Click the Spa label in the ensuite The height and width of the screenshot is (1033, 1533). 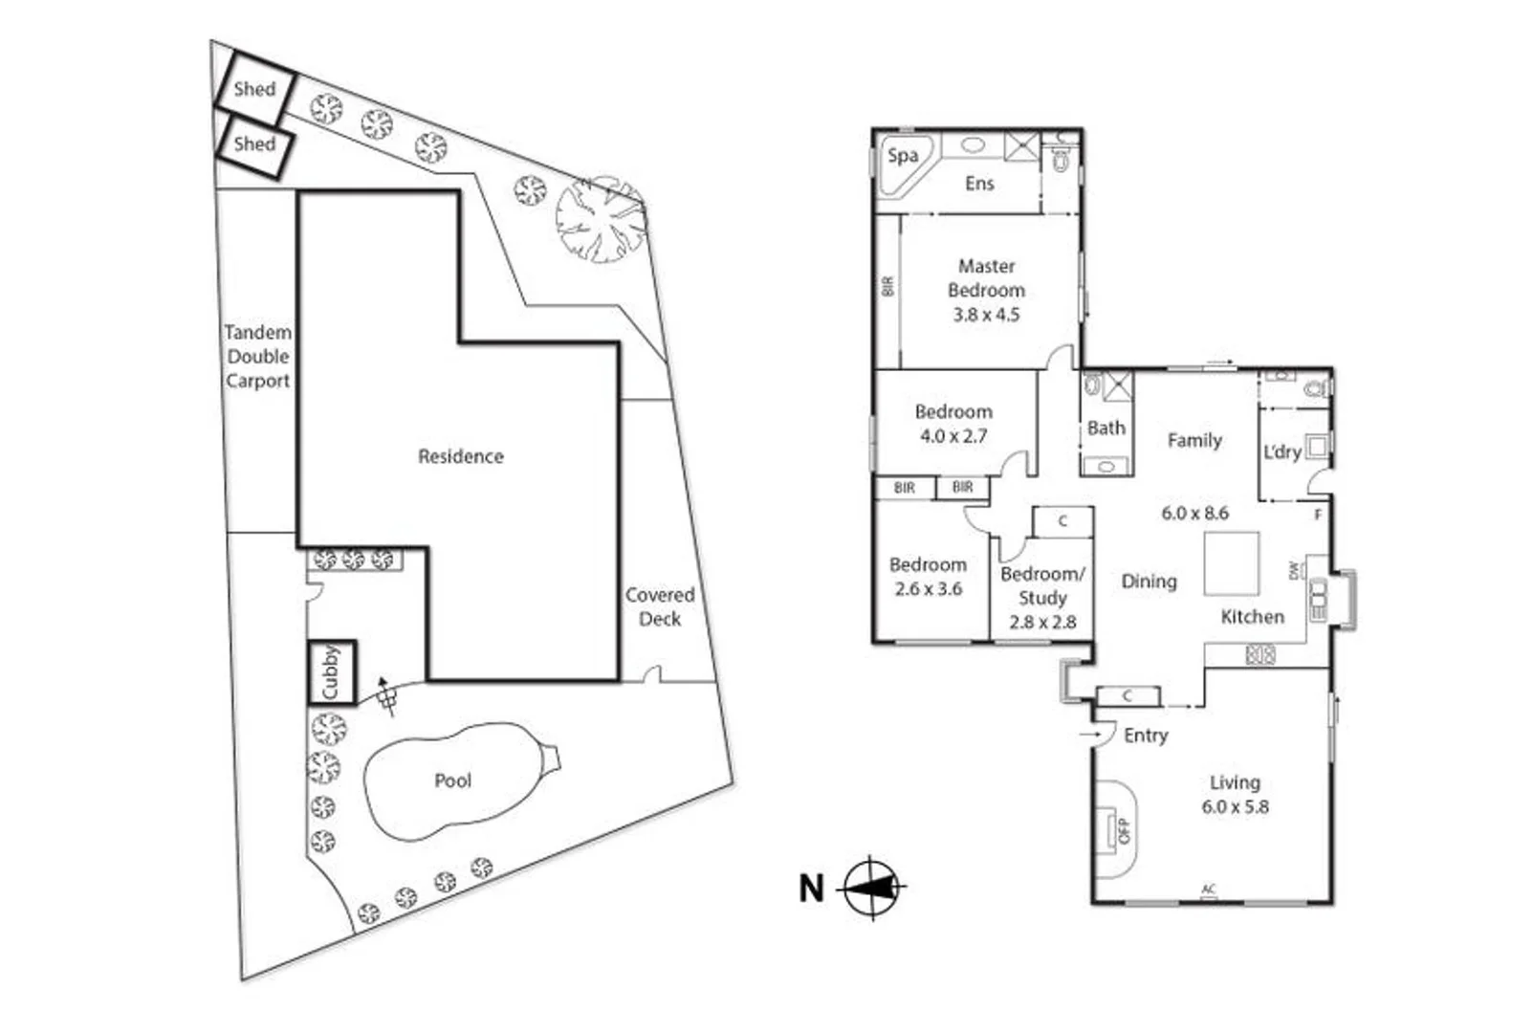click(902, 156)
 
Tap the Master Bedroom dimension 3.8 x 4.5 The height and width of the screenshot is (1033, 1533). click(986, 315)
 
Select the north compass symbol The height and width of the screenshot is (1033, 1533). click(872, 888)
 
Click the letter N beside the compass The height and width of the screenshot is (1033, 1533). click(811, 889)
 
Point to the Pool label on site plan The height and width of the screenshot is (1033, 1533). click(452, 780)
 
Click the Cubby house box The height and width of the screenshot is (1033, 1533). click(331, 672)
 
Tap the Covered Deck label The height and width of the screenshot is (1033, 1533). click(660, 606)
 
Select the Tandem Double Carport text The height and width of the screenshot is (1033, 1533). click(257, 356)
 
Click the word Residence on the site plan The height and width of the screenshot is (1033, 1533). click(460, 456)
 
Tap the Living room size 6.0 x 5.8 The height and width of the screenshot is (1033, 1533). click(1235, 806)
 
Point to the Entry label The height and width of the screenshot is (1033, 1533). click(1146, 735)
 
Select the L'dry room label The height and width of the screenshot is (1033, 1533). click(1281, 451)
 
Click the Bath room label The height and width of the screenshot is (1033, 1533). click(1106, 428)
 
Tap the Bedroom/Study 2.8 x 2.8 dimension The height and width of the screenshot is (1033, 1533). click(1042, 622)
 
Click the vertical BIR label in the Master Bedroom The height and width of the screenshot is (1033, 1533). click(887, 286)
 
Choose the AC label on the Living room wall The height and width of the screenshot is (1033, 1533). click(1209, 890)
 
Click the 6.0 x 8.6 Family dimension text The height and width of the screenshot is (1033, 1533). click(1194, 513)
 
